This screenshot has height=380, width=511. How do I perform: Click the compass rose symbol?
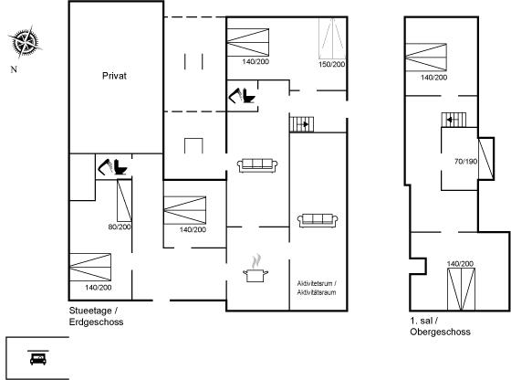[25, 42]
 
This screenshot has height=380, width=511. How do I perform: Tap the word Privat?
[114, 76]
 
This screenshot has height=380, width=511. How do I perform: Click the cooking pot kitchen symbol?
[255, 269]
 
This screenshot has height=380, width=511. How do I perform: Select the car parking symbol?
[38, 357]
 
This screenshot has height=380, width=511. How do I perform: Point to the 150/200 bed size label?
[332, 64]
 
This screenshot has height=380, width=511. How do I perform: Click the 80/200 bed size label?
[120, 227]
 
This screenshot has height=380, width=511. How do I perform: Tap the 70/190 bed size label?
[465, 161]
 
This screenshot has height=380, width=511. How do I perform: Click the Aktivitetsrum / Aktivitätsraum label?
[317, 288]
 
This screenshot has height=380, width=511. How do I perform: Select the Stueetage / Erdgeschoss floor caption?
[96, 316]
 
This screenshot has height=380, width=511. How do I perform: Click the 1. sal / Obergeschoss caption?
[440, 326]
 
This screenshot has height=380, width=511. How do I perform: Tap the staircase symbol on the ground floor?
[302, 124]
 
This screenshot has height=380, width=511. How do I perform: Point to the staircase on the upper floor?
[454, 120]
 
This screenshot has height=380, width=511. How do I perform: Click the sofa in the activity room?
[318, 220]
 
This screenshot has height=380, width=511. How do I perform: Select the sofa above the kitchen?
[257, 165]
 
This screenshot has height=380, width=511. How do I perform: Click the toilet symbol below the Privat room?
[113, 167]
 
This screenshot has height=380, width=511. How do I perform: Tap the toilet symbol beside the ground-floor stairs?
[242, 96]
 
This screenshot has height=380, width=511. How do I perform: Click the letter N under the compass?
[14, 69]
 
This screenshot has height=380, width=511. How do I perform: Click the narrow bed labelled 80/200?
[124, 201]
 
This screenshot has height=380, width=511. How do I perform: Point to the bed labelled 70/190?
[485, 159]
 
